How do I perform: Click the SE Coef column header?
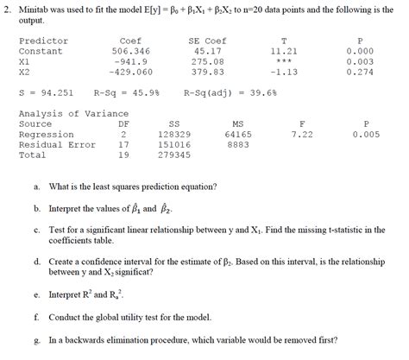click(x=207, y=41)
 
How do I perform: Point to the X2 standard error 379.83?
click(x=208, y=73)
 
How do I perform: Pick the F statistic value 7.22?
click(x=302, y=135)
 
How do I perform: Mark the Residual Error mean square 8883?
click(x=238, y=145)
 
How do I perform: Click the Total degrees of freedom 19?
click(x=123, y=155)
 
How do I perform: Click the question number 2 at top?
click(x=6, y=7)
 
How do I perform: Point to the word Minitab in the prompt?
click(x=36, y=7)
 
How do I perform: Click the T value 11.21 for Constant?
click(x=284, y=52)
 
